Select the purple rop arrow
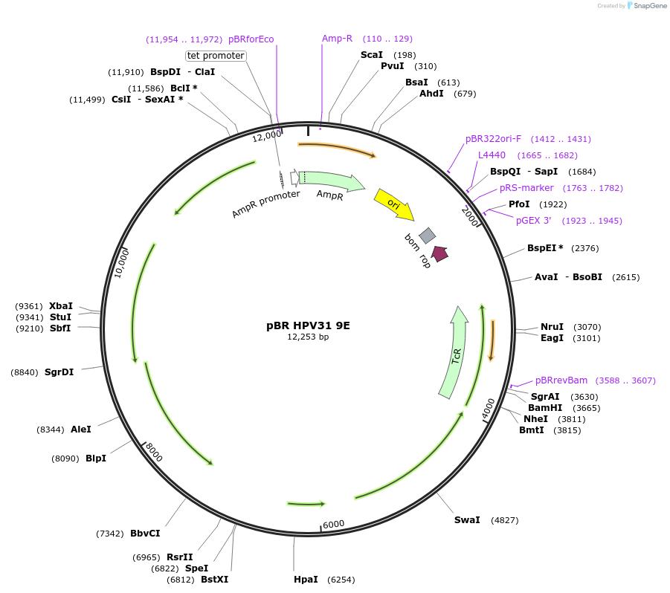point(440,254)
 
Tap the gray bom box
point(427,236)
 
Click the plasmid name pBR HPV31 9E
point(308,325)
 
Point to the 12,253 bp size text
point(308,337)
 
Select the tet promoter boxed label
point(216,56)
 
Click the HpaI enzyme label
point(306,579)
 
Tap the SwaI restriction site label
point(467,520)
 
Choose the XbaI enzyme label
point(61,306)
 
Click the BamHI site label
point(544,408)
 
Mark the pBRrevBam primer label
point(561,380)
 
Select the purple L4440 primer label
point(492,155)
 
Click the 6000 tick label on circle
point(334,524)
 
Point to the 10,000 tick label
point(122,262)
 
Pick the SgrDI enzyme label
point(59,372)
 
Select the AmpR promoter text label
point(265,204)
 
